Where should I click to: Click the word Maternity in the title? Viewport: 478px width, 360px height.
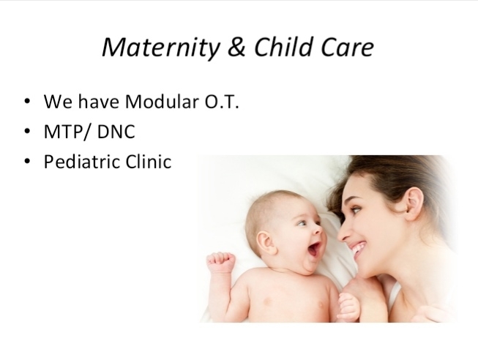[x=160, y=48]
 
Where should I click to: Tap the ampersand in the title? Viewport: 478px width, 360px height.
[x=236, y=47]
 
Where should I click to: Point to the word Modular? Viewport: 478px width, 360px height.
[x=162, y=101]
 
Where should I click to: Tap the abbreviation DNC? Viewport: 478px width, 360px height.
[x=116, y=132]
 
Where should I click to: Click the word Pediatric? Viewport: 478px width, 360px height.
[x=81, y=161]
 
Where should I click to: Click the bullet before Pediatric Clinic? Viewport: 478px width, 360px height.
[x=27, y=161]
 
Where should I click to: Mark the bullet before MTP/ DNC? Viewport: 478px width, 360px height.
[x=27, y=131]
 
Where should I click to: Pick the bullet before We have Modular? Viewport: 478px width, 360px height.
[x=27, y=101]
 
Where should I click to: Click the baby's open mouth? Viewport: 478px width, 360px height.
[x=314, y=249]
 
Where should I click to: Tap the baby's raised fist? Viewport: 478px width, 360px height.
[x=221, y=262]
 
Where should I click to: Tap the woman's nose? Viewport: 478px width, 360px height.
[x=343, y=232]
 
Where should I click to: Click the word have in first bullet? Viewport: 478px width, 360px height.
[x=99, y=101]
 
